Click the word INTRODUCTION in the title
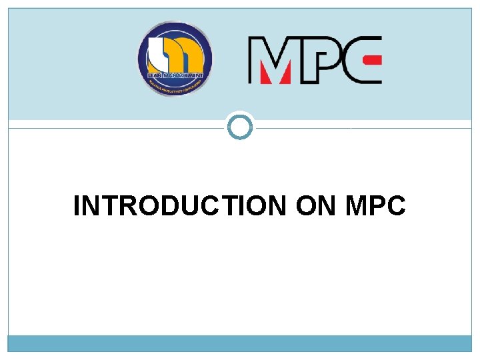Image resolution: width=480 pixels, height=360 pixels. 179,206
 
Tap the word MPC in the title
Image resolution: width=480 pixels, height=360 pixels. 375,206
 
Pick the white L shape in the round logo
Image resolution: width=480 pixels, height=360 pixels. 159,53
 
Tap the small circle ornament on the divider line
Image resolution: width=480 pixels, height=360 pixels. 240,127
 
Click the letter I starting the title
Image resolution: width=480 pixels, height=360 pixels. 77,206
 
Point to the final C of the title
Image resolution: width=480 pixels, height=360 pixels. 395,206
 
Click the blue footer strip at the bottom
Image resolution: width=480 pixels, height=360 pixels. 240,343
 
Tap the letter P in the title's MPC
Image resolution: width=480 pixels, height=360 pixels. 376,206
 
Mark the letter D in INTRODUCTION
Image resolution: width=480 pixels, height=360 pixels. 158,206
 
